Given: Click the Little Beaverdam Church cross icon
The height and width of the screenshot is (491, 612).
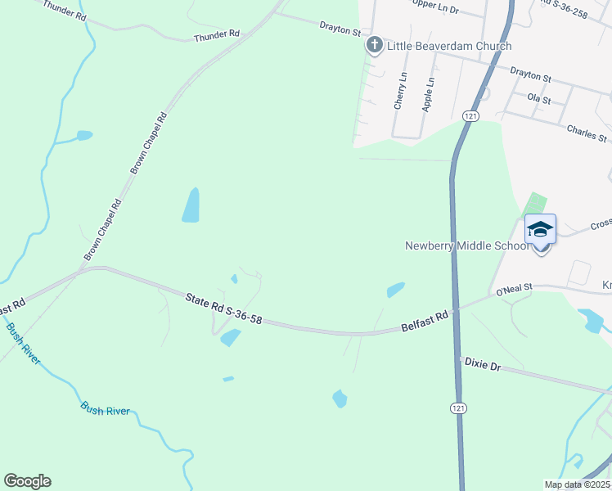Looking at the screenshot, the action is (374, 45).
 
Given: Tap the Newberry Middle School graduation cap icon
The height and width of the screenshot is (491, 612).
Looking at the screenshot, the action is (540, 228).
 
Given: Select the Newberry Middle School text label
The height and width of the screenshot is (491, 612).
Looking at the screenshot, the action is (467, 245).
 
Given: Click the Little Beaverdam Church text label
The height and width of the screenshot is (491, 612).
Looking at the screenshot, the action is (449, 46).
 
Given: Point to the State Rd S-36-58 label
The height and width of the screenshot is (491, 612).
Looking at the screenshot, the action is (223, 309).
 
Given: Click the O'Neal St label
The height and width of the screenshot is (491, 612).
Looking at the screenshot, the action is (514, 289).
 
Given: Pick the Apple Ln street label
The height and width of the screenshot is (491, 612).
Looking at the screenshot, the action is (427, 94).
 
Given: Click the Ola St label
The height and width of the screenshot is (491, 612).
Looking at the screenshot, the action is (539, 98).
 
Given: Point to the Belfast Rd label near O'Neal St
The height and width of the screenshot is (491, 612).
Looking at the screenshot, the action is (425, 321).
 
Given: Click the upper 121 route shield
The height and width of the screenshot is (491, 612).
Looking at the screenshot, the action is (470, 117).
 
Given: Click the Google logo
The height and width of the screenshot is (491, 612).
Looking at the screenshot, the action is (27, 481).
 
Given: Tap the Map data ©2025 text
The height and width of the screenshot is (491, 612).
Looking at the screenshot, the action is (578, 484).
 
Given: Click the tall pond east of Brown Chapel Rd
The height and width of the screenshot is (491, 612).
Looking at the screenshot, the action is (191, 205).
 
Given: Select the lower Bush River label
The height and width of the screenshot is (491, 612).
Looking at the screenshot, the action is (105, 409).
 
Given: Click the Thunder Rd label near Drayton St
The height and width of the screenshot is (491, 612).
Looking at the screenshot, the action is (216, 35).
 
